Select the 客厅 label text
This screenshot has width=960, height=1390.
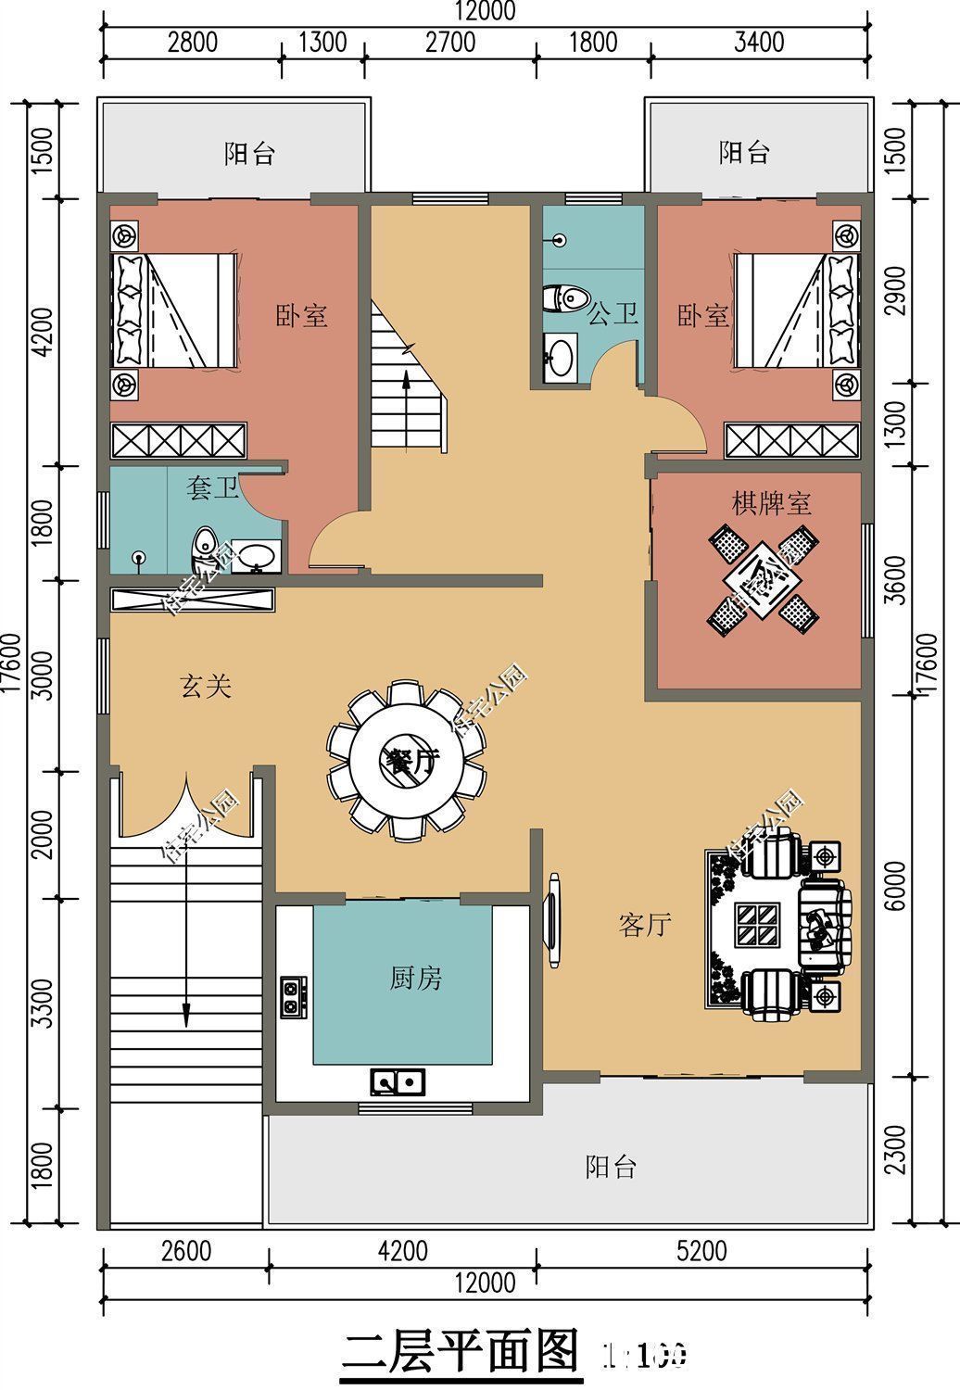[x=644, y=924]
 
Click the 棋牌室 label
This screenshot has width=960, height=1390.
[x=771, y=504]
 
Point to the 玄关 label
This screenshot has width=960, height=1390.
[x=205, y=687]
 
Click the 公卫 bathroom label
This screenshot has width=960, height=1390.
[x=613, y=315]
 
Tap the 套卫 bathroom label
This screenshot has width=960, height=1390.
[x=212, y=488]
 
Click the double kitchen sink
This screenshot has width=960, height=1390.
[x=398, y=1080]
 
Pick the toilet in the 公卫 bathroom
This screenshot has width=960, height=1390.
[x=565, y=298]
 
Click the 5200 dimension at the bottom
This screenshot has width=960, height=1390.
[x=701, y=1251]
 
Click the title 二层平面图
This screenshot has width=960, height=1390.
[x=461, y=1354]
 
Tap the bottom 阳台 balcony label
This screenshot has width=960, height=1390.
[x=611, y=1167]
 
